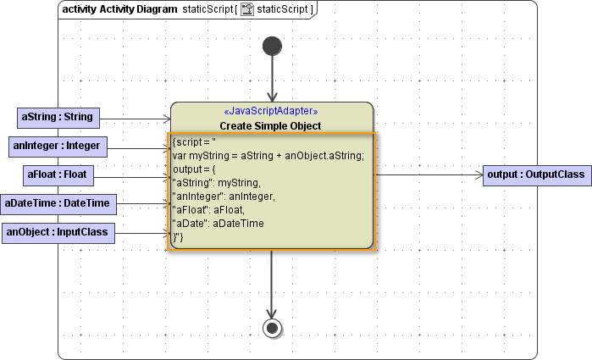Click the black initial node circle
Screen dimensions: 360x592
click(272, 46)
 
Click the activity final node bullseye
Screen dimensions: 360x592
click(272, 328)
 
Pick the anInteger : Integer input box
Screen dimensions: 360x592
click(57, 147)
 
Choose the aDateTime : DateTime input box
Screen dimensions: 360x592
click(59, 203)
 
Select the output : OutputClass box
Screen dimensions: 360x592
click(536, 175)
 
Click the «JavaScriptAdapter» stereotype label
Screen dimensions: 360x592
click(271, 111)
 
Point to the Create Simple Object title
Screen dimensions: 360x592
click(271, 126)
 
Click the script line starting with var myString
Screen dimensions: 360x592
click(268, 154)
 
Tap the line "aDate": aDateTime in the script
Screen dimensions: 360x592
click(219, 223)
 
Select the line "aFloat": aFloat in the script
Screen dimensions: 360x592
click(209, 209)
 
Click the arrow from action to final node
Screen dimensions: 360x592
click(272, 284)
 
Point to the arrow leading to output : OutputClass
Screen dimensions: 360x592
click(428, 175)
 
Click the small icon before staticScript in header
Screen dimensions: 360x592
click(247, 9)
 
